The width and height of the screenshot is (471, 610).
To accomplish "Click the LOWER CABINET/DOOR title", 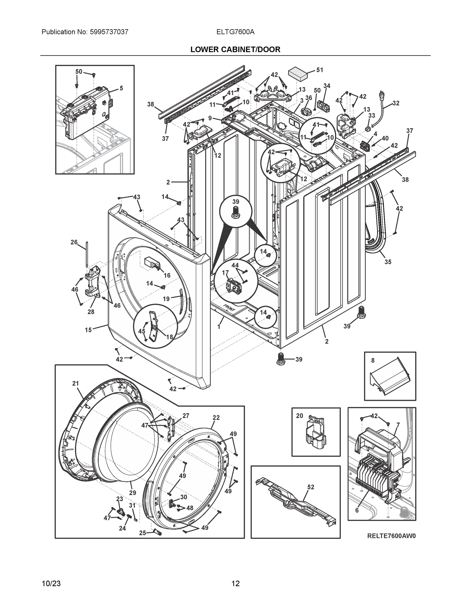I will [235, 50].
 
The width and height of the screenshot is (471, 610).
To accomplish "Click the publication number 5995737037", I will [109, 32].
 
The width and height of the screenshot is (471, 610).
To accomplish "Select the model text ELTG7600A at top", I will [235, 32].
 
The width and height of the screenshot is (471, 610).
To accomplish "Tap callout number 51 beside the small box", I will [319, 70].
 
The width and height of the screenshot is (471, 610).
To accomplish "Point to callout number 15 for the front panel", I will [88, 330].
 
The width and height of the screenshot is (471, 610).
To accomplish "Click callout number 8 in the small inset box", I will [373, 361].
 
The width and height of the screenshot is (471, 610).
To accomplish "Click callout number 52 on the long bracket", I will [311, 487].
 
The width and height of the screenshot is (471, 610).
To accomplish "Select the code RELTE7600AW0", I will [391, 536].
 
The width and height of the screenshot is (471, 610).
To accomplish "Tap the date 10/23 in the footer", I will [51, 583].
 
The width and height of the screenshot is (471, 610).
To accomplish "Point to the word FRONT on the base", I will [229, 308].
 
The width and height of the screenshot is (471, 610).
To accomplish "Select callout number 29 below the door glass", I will [133, 493].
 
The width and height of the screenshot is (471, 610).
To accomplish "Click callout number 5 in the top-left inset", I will [121, 88].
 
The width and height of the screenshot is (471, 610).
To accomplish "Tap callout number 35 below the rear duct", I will [388, 262].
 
